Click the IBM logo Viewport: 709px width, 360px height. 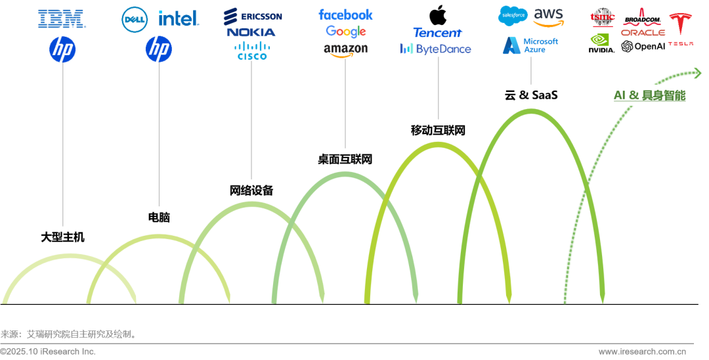[x=62, y=18]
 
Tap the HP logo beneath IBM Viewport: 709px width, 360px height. [x=63, y=49]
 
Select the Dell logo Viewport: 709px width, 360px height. [x=135, y=19]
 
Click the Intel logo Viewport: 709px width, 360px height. [x=179, y=18]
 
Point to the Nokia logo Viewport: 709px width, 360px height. [x=251, y=32]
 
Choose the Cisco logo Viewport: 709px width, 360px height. [x=251, y=51]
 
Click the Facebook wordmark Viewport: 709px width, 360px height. [x=345, y=14]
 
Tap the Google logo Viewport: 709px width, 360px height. [x=345, y=32]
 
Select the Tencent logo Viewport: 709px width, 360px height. [x=437, y=32]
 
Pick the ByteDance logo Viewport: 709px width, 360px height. [x=436, y=49]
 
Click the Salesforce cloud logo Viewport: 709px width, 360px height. [x=513, y=14]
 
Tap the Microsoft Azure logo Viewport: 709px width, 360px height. [x=530, y=45]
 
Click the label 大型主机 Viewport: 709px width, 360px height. [x=63, y=236]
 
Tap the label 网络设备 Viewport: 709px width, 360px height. [x=251, y=191]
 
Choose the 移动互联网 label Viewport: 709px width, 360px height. [x=437, y=130]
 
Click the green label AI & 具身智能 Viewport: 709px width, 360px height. [x=649, y=95]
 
